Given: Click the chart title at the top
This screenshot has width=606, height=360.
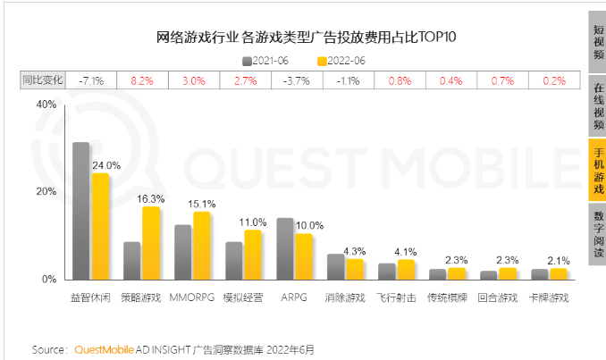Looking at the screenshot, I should tap(300, 37).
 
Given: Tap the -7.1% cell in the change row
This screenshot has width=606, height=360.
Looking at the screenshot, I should tap(91, 80).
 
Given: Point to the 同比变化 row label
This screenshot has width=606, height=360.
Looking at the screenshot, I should tap(44, 80).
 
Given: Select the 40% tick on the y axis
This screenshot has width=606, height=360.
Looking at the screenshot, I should tap(45, 105).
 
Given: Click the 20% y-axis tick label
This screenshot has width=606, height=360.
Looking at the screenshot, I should tap(45, 192).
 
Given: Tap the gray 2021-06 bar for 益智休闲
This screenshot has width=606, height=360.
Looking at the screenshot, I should tap(80, 211).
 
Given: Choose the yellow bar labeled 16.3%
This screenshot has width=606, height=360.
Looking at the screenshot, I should tap(151, 243).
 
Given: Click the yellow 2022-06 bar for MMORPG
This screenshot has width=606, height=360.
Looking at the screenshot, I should tap(202, 246).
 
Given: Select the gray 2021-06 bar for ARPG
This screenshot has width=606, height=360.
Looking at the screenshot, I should tap(284, 248).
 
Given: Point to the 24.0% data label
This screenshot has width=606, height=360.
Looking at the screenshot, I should tap(106, 165).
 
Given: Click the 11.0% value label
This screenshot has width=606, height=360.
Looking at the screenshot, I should tap(253, 222).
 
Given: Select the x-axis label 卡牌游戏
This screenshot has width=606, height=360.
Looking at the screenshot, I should tap(549, 297).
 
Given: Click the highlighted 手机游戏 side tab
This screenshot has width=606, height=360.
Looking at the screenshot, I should tap(598, 171).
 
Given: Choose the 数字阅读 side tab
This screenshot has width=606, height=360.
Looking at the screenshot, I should tap(598, 233).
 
